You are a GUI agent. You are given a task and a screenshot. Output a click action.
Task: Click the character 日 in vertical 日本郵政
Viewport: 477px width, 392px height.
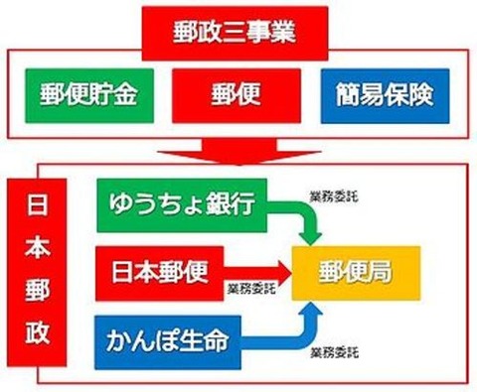click(36, 198)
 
